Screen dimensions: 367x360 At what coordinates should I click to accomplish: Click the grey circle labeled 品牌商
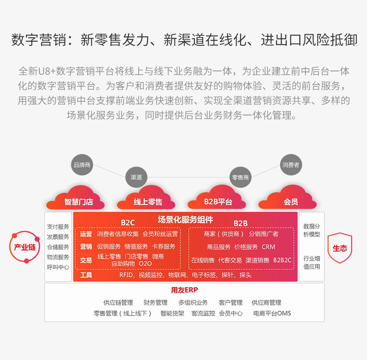pyautogui.click(x=82, y=165)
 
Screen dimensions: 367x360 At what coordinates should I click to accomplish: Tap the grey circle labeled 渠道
pyautogui.click(x=136, y=177)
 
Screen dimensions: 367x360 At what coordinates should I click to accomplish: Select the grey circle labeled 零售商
pyautogui.click(x=240, y=177)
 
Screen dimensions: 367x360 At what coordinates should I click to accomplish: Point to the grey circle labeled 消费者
pyautogui.click(x=291, y=165)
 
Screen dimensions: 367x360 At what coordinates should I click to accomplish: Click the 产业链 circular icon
pyautogui.click(x=24, y=247)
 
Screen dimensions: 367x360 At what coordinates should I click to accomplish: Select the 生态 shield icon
pyautogui.click(x=340, y=248)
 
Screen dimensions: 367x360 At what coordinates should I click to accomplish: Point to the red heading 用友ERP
pyautogui.click(x=184, y=290)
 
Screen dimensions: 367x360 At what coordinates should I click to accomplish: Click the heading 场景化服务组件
pyautogui.click(x=185, y=220)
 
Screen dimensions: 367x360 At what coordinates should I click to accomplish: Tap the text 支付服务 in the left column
pyautogui.click(x=58, y=227)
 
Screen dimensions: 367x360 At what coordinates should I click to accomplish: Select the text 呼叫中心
pyautogui.click(x=58, y=267)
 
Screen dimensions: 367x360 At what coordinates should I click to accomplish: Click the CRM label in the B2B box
pyautogui.click(x=268, y=247)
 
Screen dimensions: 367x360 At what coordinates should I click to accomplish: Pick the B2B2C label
pyautogui.click(x=282, y=260)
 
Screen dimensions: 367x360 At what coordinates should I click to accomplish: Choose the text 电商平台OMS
pyautogui.click(x=272, y=313)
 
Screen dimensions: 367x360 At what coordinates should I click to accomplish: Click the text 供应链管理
pyautogui.click(x=118, y=302)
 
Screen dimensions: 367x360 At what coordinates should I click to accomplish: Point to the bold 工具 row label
pyautogui.click(x=86, y=275)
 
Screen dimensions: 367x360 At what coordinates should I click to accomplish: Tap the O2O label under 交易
pyautogui.click(x=145, y=264)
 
